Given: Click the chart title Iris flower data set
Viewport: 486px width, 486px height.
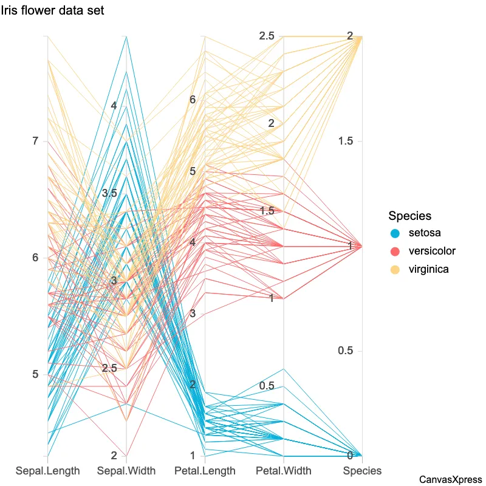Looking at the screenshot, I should pos(52,10).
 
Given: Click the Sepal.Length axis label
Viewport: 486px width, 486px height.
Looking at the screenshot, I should pos(47,470).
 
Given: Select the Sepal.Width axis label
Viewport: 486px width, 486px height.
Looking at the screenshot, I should pos(126,470).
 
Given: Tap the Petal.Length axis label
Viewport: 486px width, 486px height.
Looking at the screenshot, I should pos(205,470).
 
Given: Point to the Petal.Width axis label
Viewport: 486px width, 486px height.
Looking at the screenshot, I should pos(283,470).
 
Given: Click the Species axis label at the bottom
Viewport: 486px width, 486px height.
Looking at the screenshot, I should pos(362,470).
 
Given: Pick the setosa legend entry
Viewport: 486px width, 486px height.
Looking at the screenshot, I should pos(425,233).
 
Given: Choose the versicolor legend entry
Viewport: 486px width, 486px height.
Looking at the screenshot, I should pos(431,251).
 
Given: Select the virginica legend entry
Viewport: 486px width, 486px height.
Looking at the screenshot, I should pos(428,269).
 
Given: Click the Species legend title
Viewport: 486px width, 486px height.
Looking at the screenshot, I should pos(410,216).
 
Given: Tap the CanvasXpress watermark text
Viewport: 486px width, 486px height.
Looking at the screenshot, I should pos(451,479).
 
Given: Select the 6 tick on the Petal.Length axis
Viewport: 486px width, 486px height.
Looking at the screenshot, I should pos(193,100).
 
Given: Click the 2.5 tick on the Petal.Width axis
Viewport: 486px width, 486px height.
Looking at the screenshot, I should pos(267,36).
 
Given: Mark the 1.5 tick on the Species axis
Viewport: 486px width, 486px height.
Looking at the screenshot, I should pos(346,142).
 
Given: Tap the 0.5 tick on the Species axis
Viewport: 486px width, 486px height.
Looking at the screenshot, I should pos(346,351).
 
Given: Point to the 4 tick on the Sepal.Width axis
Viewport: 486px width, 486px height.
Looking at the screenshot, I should pos(114,106).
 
